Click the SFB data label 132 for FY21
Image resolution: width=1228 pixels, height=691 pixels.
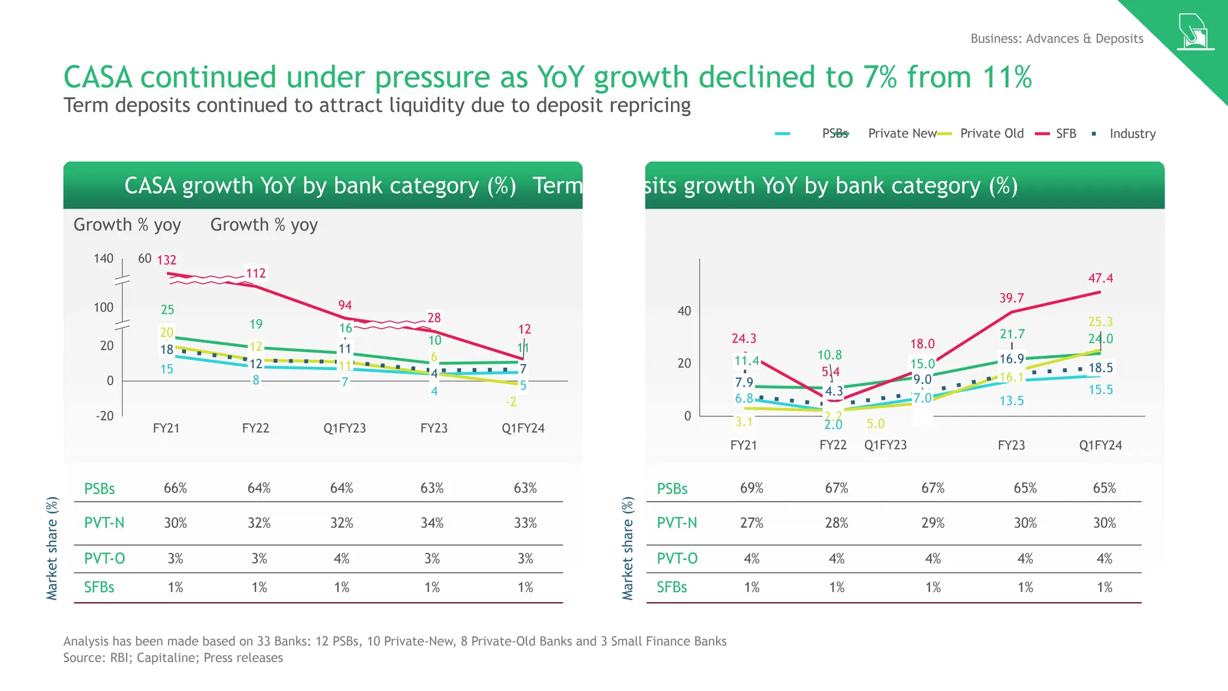167,260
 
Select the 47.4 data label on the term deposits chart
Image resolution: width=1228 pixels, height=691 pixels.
1100,278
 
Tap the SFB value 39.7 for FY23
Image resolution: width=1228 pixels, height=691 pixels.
1012,298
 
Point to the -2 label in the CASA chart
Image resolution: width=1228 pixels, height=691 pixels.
511,402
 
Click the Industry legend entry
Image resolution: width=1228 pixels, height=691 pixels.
1132,134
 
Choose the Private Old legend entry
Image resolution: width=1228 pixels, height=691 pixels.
992,134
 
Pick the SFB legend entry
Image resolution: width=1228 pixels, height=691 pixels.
1066,134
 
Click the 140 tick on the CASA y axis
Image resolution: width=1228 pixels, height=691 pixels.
103,259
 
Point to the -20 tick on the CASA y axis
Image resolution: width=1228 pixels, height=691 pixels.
104,416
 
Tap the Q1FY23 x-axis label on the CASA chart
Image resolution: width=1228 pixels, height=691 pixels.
345,428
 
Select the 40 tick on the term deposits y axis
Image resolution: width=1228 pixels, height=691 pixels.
684,311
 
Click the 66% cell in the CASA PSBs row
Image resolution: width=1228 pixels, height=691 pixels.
175,488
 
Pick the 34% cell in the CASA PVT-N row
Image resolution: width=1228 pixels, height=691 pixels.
432,523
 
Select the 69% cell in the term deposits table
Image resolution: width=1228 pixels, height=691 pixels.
751,488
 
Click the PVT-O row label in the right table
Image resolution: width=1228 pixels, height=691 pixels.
677,558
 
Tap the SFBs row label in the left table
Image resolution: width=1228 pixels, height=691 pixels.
99,587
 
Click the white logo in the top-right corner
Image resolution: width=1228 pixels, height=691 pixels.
1194,32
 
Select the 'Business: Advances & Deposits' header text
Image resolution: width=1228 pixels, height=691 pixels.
1057,39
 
